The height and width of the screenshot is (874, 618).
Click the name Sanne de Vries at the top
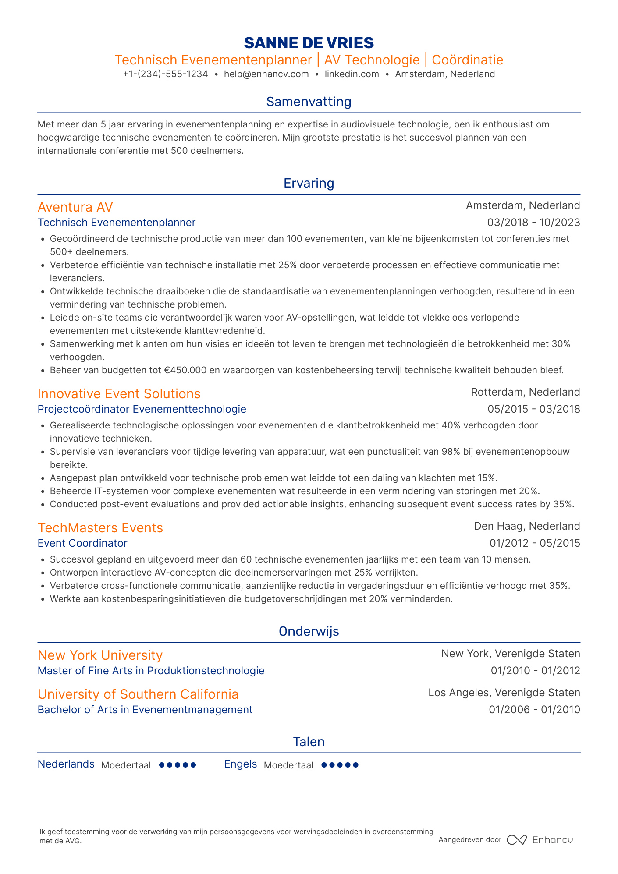coord(309,42)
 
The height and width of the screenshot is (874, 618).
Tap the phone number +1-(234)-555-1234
coord(165,74)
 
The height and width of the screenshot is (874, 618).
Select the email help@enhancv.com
coord(266,74)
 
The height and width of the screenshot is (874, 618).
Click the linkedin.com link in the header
coord(352,74)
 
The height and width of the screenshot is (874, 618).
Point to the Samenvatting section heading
coord(309,102)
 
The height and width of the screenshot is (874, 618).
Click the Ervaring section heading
coord(309,183)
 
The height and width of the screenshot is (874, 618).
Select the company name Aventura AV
coord(75,207)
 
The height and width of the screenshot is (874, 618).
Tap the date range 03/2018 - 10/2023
coord(533,223)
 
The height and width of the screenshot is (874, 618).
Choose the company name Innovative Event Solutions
coord(119,393)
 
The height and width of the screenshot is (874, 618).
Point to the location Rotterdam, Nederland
coord(525,392)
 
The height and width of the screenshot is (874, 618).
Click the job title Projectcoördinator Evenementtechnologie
coord(142,409)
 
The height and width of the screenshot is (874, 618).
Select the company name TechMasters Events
coord(100,527)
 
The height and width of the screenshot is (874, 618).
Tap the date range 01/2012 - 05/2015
coord(534,543)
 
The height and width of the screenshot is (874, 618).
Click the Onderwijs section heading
coord(309,631)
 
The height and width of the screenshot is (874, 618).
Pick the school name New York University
coord(100,655)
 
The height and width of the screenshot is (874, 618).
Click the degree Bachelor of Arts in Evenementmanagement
coord(145,710)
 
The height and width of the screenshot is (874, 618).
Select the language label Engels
coord(240,764)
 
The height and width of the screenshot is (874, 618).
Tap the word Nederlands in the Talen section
coord(66,764)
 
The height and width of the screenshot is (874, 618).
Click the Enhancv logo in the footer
coord(540,840)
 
